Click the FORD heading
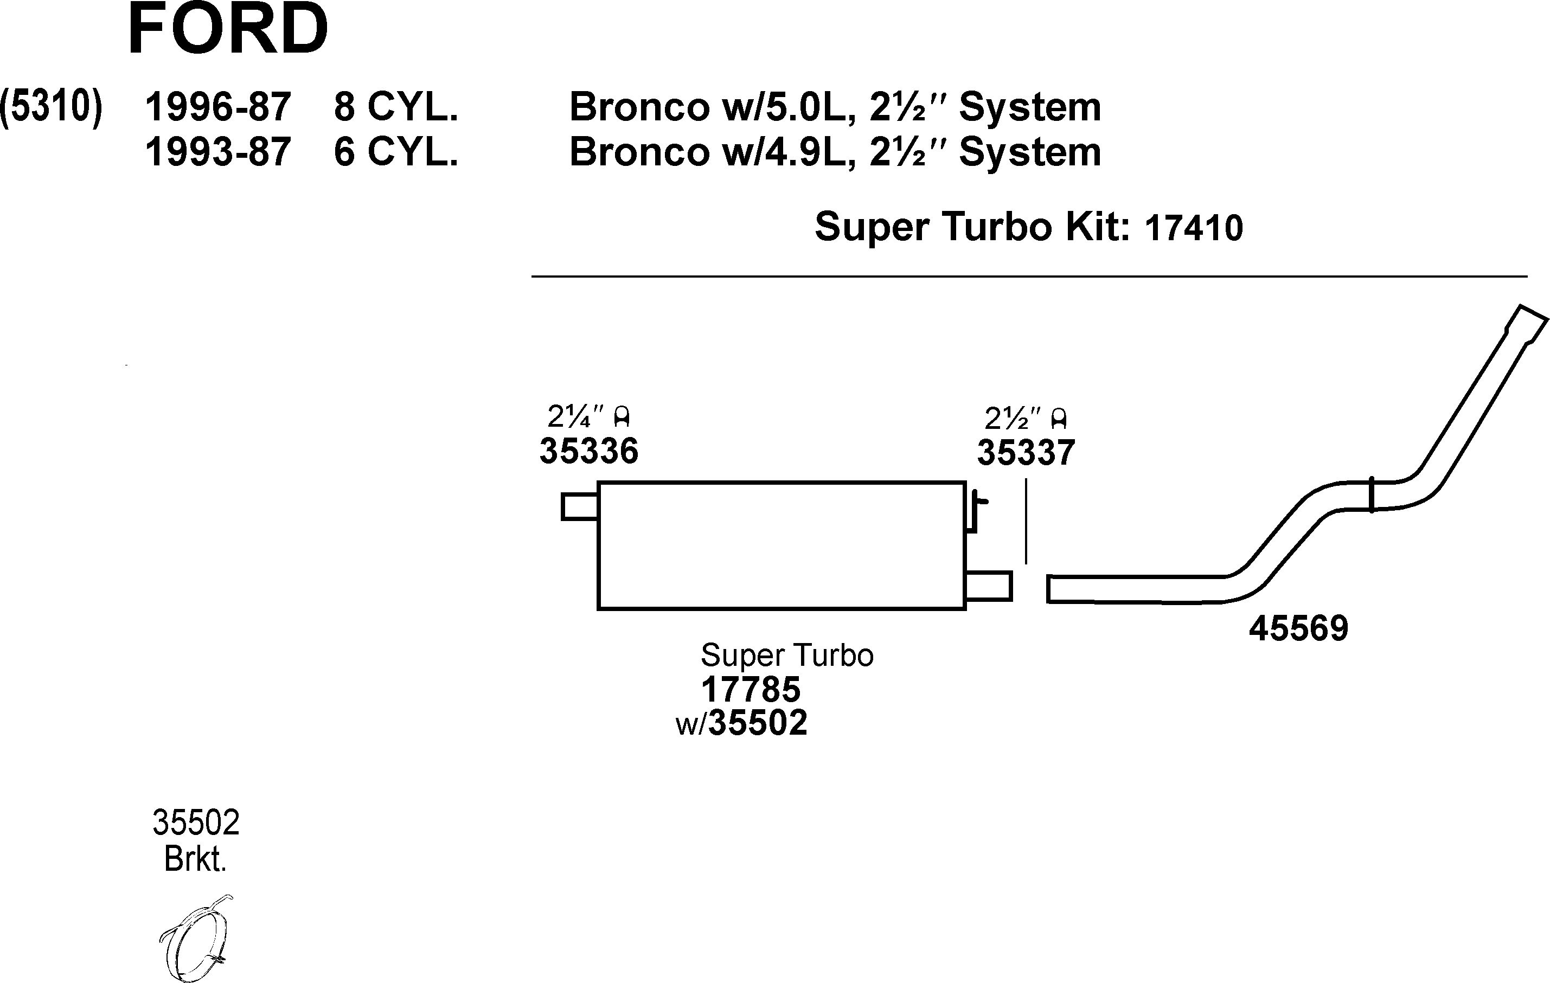click(228, 30)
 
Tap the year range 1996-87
click(217, 107)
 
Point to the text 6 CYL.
click(395, 152)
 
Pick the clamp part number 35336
click(588, 451)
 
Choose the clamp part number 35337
click(1026, 453)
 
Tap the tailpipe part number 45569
click(1298, 628)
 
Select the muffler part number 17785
click(750, 690)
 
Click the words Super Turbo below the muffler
click(786, 656)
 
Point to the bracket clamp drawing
click(196, 939)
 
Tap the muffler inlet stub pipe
click(579, 506)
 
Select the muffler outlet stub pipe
click(988, 586)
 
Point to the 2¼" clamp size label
click(587, 417)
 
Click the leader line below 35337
click(1026, 524)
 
